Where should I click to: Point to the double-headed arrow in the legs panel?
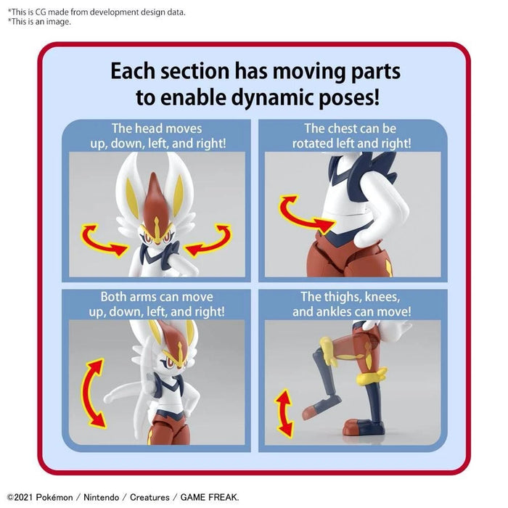point(284,411)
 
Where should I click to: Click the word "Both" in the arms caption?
point(116,297)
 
